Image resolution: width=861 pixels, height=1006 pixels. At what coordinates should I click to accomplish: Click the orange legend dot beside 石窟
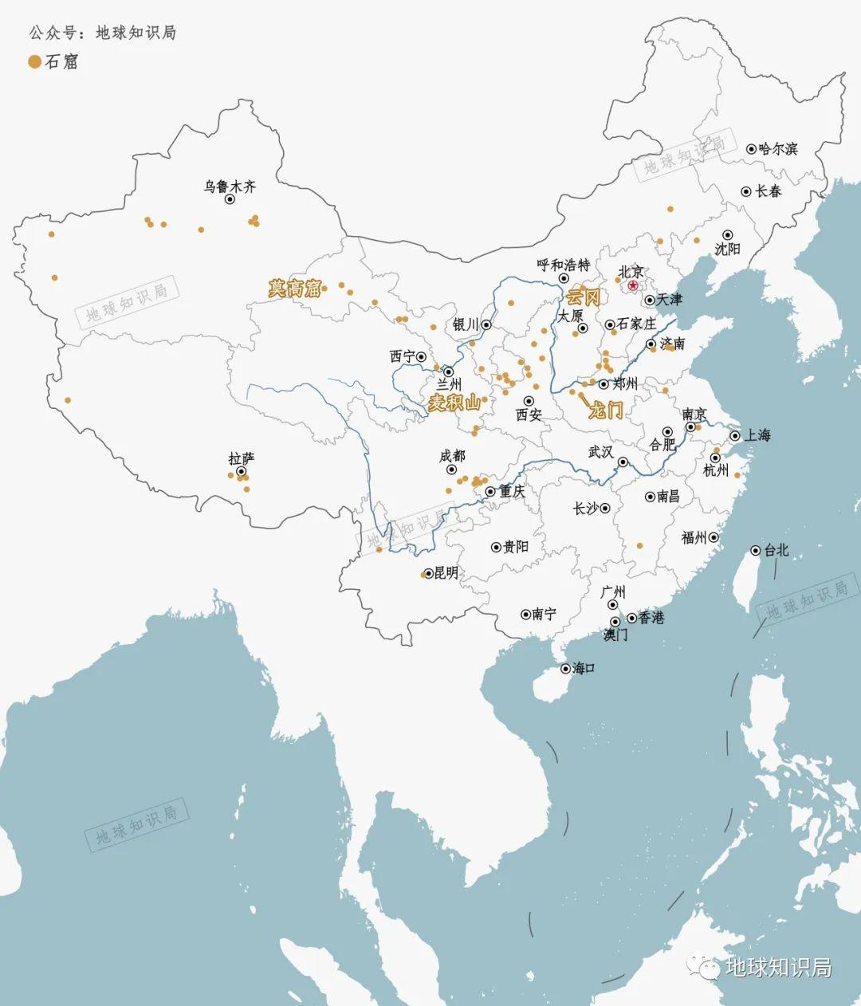[34, 61]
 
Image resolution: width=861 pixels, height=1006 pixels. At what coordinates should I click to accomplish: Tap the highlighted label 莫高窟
[294, 289]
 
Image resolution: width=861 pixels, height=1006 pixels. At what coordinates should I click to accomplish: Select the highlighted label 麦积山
[454, 403]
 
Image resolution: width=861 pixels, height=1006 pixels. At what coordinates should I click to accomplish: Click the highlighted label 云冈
[583, 298]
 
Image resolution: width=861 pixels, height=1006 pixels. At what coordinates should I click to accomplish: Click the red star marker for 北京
[633, 285]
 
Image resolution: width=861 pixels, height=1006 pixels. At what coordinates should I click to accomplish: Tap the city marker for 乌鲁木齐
[230, 200]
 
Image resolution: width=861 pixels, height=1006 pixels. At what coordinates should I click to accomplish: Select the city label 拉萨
[241, 459]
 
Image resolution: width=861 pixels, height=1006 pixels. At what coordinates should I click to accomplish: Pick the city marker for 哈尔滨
[751, 149]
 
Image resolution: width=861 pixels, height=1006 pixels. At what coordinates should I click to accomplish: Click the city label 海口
[584, 668]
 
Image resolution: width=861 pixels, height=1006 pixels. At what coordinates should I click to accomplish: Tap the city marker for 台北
[756, 550]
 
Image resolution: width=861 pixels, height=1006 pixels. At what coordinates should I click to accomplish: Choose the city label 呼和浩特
[563, 265]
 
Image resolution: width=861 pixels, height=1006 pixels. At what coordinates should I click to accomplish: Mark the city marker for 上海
[735, 436]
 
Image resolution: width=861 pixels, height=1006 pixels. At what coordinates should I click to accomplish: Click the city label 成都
[452, 456]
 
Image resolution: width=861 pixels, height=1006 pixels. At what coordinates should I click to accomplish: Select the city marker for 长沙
[606, 508]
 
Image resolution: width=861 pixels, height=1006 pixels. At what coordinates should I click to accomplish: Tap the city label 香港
[651, 618]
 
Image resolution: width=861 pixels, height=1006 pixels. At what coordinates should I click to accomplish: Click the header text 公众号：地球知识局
[102, 33]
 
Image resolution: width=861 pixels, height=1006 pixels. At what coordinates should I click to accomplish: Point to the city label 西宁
[402, 356]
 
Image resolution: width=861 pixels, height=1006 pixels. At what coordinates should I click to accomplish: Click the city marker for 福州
[714, 538]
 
